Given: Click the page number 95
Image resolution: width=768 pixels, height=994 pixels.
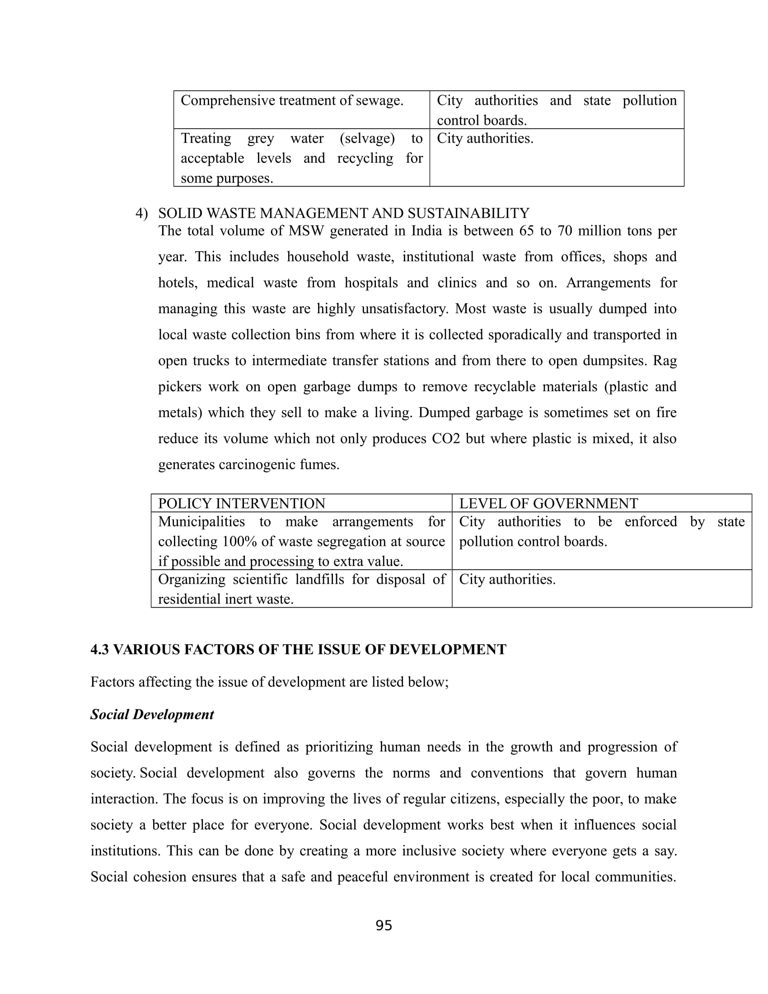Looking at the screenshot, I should click(x=384, y=925).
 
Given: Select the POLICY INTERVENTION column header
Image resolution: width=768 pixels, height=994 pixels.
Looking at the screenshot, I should click(x=242, y=503).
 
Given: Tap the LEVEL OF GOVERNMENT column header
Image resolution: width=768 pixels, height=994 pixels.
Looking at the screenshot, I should click(x=548, y=503).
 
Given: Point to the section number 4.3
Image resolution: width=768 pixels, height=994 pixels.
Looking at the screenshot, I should click(x=100, y=649).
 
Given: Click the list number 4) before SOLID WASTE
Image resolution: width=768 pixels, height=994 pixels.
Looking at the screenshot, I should click(x=141, y=213).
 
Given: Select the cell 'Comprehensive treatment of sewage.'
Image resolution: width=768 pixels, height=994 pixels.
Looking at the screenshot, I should click(x=292, y=101).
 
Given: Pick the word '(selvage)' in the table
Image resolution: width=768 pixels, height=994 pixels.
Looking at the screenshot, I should click(x=367, y=138).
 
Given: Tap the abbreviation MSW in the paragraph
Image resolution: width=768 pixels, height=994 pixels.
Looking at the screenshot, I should click(x=306, y=231).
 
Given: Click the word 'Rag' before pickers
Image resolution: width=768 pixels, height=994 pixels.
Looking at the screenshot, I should click(x=665, y=361).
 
